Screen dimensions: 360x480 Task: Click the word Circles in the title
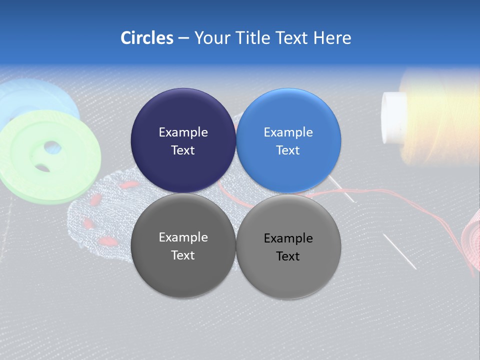tap(146, 38)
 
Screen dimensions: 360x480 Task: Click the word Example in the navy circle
tap(183, 132)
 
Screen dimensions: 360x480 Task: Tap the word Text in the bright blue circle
tap(288, 150)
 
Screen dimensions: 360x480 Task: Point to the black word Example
tap(288, 238)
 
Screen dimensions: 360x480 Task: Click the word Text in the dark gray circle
tap(183, 255)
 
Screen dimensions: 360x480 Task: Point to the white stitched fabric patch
tap(100, 220)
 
